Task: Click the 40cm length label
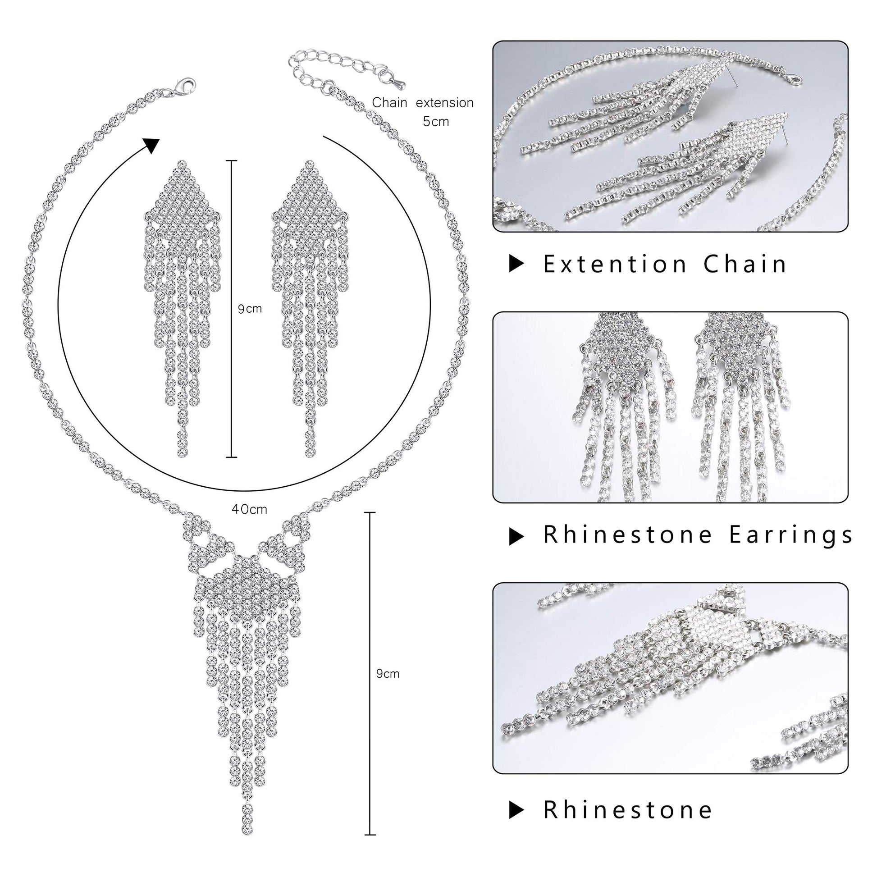(x=249, y=509)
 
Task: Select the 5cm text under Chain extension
(x=436, y=122)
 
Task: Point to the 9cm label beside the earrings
(x=250, y=309)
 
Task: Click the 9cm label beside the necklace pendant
(x=388, y=674)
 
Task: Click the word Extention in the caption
(x=615, y=264)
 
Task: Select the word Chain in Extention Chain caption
(x=745, y=264)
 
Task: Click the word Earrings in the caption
(x=791, y=535)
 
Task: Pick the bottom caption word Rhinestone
(x=628, y=810)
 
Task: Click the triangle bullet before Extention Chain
(x=516, y=264)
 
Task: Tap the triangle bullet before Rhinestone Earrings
(x=516, y=537)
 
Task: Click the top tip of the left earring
(x=182, y=164)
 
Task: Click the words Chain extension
(x=423, y=103)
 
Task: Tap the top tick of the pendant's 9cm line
(x=370, y=512)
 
